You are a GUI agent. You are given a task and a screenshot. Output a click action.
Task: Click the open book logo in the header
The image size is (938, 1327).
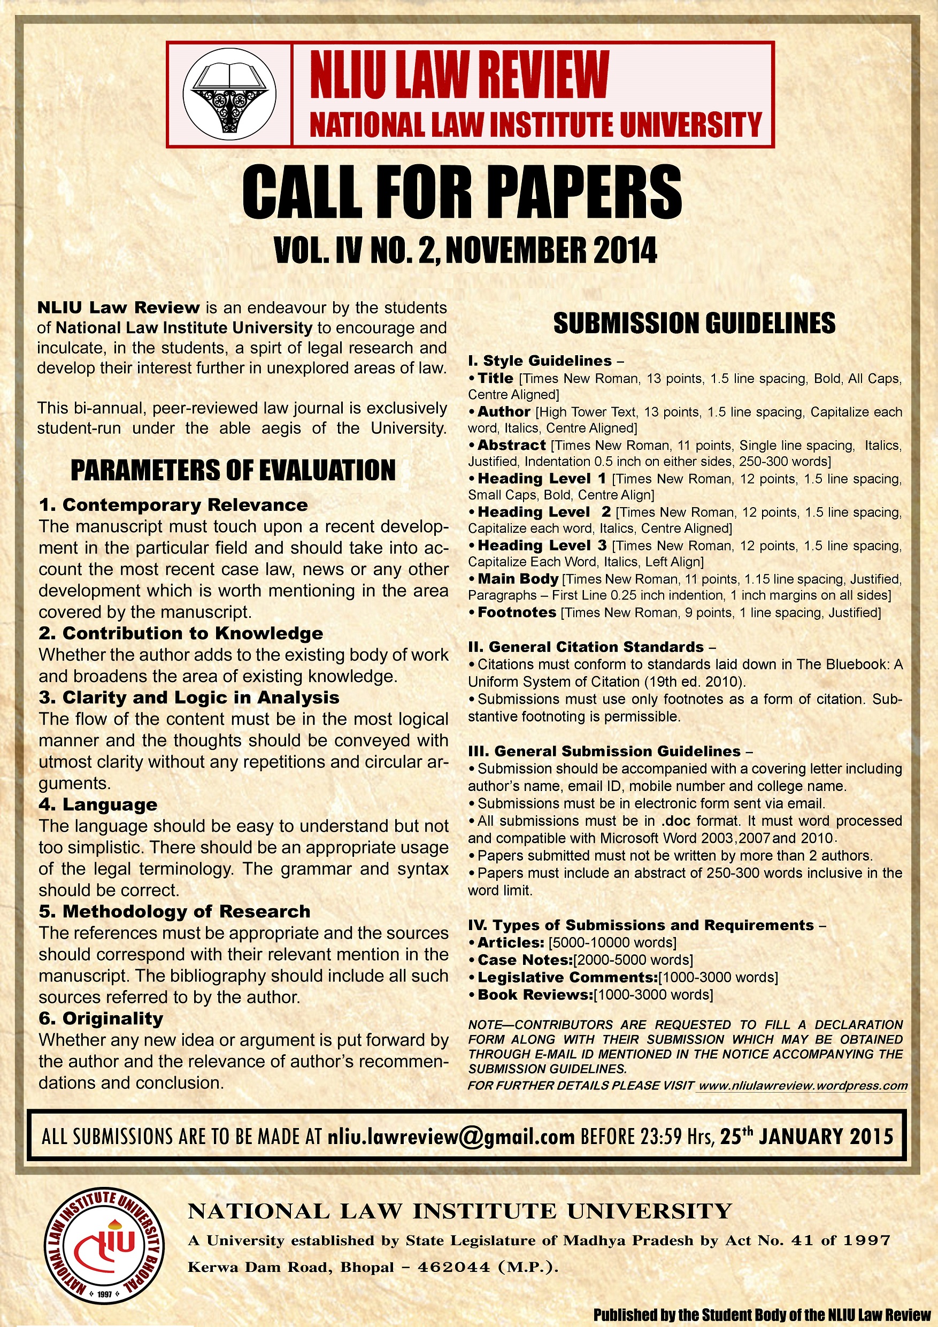click(x=229, y=94)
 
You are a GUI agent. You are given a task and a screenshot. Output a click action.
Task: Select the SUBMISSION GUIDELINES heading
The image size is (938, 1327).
click(x=694, y=324)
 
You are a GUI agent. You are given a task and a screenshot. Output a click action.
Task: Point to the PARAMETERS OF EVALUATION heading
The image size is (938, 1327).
click(x=233, y=471)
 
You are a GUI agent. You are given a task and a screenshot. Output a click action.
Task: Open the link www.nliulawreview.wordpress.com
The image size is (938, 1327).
click(x=803, y=1085)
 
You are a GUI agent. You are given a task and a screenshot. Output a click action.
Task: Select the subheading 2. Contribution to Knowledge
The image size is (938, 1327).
click(x=181, y=633)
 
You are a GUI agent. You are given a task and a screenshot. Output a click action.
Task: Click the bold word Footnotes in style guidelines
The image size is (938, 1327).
click(x=517, y=612)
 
